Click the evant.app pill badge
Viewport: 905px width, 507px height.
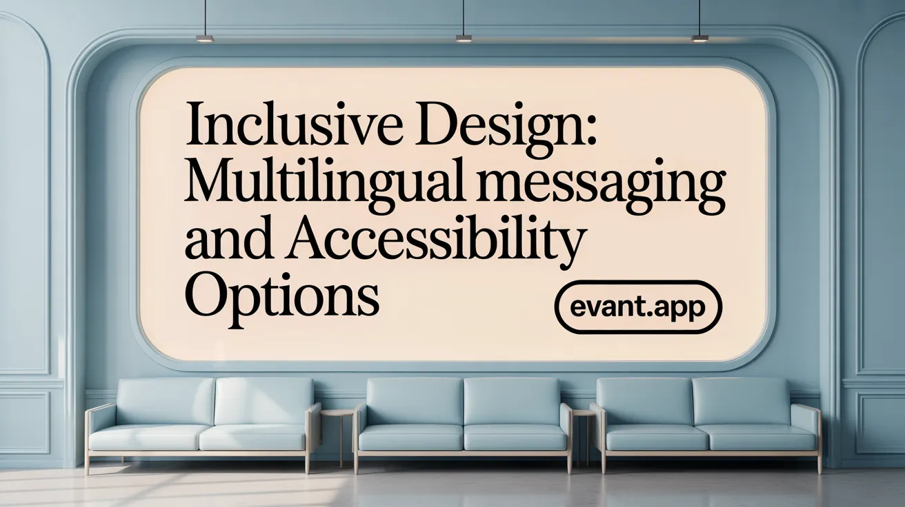(x=637, y=307)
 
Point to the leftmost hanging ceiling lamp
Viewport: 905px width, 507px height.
(x=205, y=39)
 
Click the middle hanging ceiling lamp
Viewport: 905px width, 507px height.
(x=464, y=39)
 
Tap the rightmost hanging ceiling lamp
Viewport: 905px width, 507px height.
(x=700, y=39)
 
